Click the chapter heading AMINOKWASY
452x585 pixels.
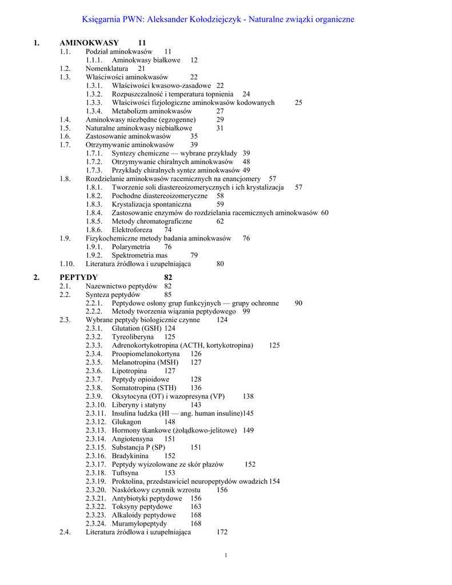[x=89, y=43]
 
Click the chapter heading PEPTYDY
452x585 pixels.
[x=79, y=278]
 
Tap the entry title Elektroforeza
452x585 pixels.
[x=132, y=230]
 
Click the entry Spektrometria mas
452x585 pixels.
[x=139, y=255]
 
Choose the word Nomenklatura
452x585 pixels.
[x=107, y=69]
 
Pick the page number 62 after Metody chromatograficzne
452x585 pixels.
[x=220, y=221]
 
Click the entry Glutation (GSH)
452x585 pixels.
[x=137, y=328]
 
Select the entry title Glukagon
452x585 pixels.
[x=126, y=422]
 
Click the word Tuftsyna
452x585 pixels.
[x=125, y=473]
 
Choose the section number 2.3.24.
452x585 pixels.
[x=96, y=523]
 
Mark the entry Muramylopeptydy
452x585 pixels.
[x=139, y=523]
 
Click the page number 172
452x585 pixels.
[x=222, y=532]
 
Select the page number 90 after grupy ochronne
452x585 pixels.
[x=298, y=303]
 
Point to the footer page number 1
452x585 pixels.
[x=226, y=556]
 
